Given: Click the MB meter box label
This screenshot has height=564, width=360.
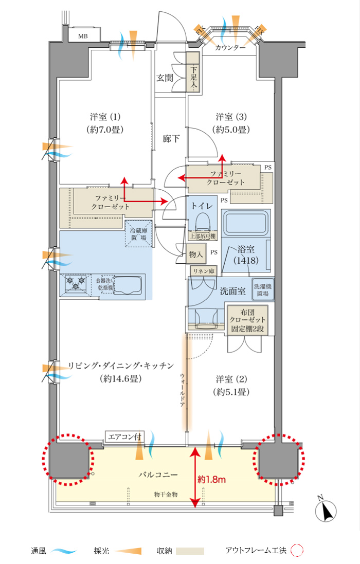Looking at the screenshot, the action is [x=83, y=36].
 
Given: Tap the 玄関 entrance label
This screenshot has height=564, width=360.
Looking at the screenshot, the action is [x=165, y=78].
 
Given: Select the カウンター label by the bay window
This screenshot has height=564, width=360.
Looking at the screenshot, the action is [x=230, y=47].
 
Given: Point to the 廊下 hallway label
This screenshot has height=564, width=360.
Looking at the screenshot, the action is [x=171, y=138].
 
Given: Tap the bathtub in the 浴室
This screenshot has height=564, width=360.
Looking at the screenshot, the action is [x=246, y=223].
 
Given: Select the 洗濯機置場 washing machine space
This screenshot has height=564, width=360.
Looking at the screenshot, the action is [x=263, y=289].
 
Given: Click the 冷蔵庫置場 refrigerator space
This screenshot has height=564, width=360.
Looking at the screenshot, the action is [x=138, y=233].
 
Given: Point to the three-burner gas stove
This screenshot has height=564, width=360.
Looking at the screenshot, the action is [x=76, y=283].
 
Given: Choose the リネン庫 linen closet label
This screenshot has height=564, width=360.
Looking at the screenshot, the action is [x=204, y=271].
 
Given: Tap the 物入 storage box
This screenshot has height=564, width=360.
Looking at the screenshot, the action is [x=196, y=254].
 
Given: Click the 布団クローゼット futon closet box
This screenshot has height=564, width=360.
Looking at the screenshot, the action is [x=247, y=320].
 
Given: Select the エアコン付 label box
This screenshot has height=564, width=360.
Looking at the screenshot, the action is [x=125, y=436].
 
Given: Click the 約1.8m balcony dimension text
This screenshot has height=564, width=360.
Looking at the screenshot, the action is [x=211, y=480].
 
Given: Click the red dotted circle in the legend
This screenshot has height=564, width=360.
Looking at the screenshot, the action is [x=297, y=550].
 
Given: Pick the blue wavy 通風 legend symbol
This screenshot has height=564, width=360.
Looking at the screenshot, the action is [x=64, y=551].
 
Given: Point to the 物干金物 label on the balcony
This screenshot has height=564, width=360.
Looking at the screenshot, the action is [x=166, y=494].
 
